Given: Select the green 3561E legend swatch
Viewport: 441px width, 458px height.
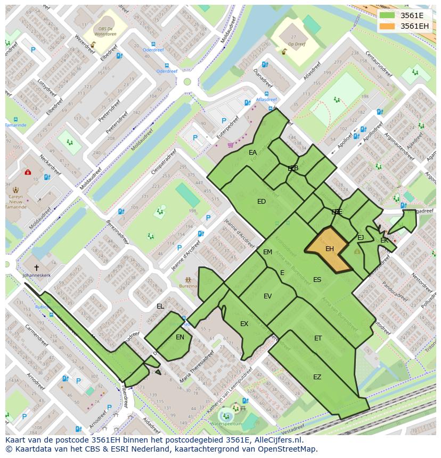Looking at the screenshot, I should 388,15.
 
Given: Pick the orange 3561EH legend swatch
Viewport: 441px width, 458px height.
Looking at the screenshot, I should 388,26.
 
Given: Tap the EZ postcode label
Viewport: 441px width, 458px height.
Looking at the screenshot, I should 317,377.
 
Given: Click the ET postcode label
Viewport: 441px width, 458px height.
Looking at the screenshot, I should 318,338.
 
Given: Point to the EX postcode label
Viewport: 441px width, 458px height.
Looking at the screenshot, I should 244,324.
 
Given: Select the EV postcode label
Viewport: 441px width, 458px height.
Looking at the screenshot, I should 267,296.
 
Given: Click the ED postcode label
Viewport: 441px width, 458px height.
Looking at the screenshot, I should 262,202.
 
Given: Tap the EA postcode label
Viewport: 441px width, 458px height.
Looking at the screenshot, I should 252,153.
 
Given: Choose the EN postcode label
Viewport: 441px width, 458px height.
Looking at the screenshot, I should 180,337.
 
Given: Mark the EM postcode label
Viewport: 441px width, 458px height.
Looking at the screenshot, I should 267,252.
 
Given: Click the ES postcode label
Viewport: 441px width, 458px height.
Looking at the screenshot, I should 317,280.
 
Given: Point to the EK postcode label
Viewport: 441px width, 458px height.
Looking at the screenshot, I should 384,241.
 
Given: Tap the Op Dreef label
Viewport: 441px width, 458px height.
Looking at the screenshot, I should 296,45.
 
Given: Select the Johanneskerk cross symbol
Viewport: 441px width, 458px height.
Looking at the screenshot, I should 37,268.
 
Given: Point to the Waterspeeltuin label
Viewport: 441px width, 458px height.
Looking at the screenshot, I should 226,423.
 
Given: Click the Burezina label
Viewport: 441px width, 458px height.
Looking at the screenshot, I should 188,286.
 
